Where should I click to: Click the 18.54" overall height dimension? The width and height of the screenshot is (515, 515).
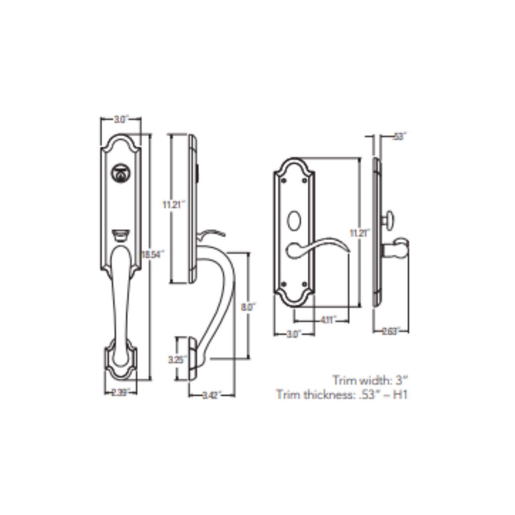tap(153, 254)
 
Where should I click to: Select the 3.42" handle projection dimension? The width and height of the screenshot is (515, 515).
tap(212, 395)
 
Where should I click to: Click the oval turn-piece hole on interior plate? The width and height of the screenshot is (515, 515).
tap(294, 219)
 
